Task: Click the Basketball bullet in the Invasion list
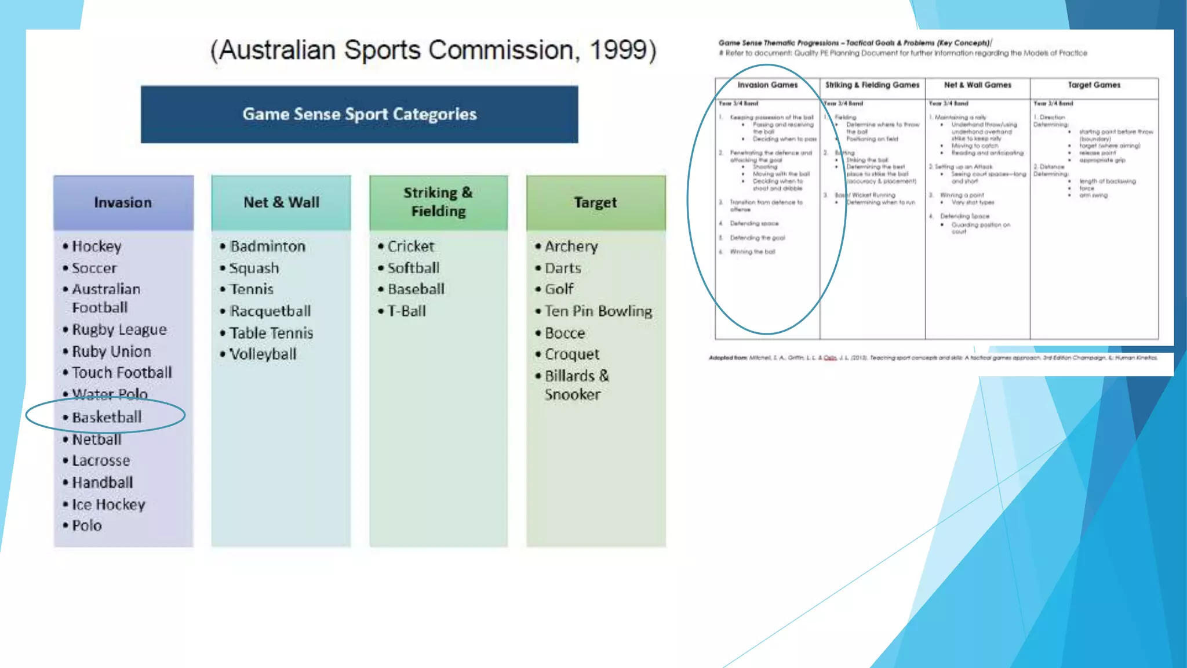107,417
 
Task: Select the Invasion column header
123,202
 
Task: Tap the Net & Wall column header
281,202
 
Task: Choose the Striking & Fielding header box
438,202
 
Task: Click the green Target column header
595,202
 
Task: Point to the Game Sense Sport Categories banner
359,114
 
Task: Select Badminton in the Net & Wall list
267,246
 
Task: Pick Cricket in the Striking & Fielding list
410,246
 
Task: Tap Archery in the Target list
571,246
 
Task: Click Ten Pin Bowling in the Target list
598,311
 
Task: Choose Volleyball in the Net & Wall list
263,354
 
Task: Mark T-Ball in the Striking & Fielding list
406,311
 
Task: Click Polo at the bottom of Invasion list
86,526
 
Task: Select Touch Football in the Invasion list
122,373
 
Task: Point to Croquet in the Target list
571,354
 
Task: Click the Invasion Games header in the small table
767,85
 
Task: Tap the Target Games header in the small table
1094,85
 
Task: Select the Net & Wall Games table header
977,85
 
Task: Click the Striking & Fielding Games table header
872,85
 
